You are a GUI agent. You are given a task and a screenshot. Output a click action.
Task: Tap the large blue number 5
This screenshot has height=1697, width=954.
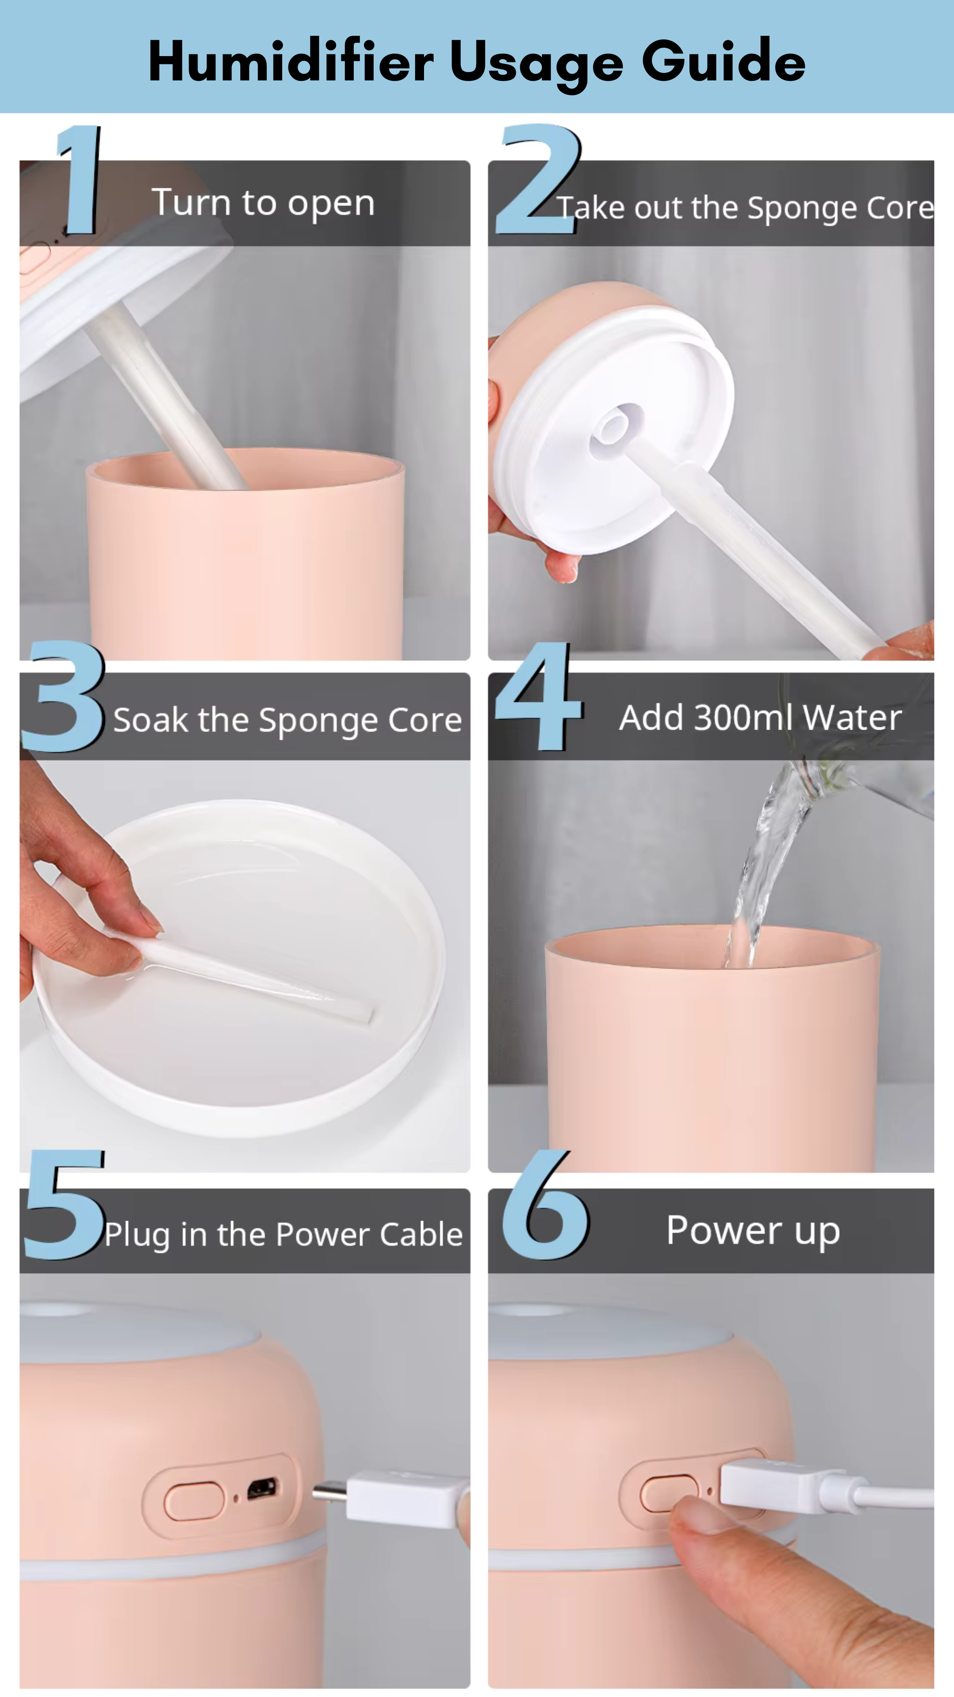tap(64, 1204)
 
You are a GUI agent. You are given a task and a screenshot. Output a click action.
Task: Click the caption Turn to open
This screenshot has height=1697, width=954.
tap(263, 202)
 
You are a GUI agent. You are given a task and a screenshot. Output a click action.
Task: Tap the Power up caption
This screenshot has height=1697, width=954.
tap(753, 1231)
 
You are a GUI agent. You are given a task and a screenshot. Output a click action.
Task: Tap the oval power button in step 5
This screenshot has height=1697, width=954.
tap(194, 1501)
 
